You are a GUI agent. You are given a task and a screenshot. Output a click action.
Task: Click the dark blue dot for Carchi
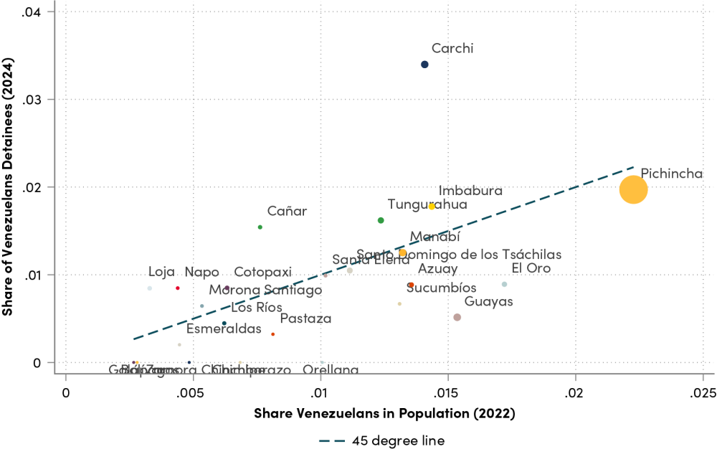click(424, 65)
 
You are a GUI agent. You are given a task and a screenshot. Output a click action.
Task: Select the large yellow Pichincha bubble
click(634, 190)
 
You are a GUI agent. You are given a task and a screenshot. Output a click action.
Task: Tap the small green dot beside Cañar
click(260, 227)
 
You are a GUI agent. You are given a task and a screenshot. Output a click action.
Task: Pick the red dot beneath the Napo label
click(178, 288)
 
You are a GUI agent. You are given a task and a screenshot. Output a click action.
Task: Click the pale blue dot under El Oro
click(505, 285)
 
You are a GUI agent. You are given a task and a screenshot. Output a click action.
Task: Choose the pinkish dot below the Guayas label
click(457, 317)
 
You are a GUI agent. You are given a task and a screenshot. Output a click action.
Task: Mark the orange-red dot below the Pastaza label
click(273, 334)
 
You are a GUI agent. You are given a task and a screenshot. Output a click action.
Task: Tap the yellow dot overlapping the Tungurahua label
click(432, 207)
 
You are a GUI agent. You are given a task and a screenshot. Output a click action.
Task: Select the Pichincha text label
click(672, 174)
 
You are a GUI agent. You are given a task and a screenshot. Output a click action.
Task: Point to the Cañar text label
click(287, 212)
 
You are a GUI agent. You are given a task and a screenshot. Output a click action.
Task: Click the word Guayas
click(488, 302)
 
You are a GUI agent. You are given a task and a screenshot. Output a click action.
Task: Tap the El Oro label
click(531, 269)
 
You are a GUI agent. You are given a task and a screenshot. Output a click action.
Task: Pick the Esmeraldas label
click(224, 329)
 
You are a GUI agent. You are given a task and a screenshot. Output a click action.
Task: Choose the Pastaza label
click(305, 319)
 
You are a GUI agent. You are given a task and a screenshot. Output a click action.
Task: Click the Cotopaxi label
click(263, 273)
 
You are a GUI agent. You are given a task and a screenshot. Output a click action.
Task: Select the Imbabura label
click(470, 192)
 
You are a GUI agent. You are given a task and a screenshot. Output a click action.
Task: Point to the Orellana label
click(331, 370)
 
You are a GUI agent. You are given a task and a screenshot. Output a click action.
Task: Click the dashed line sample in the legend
click(332, 441)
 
